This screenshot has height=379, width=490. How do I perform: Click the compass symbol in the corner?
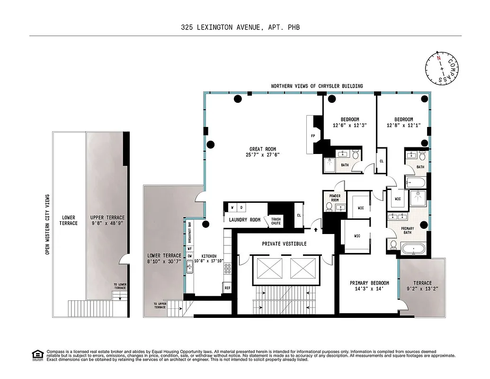[x=443, y=67]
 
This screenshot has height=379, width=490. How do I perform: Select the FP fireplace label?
[x=313, y=135]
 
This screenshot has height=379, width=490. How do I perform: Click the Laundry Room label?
[x=245, y=220]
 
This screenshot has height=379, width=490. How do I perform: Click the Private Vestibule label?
[x=284, y=244]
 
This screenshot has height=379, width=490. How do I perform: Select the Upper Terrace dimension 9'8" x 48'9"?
[x=107, y=223]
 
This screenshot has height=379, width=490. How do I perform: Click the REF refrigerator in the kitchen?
[x=227, y=288]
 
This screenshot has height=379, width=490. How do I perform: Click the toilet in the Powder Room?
[x=329, y=207]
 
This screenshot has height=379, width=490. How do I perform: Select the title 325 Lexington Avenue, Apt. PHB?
[x=240, y=27]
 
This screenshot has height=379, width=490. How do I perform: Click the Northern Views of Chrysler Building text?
[x=317, y=86]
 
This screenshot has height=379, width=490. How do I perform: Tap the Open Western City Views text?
[x=47, y=223]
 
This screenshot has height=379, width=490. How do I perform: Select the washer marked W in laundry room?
[x=232, y=208]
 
